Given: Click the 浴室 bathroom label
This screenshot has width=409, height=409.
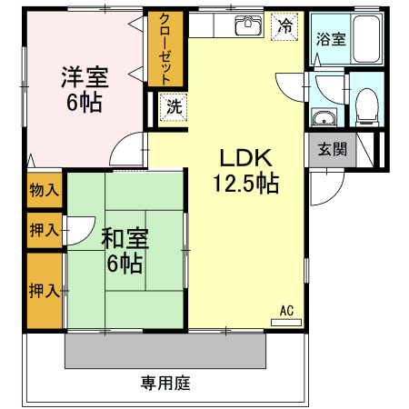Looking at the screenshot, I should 330,39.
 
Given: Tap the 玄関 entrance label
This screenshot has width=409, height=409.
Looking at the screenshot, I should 332,149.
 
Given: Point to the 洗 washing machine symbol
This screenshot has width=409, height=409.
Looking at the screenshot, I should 173,105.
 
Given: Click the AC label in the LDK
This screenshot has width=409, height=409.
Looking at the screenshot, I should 286,310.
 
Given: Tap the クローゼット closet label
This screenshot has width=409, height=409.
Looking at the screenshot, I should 167,49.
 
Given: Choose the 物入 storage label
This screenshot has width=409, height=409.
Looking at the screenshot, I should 44,190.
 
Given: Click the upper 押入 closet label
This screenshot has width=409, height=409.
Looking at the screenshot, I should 44,230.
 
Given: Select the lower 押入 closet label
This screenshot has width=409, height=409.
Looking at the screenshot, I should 44,290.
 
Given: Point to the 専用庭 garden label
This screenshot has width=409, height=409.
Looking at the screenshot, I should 165,383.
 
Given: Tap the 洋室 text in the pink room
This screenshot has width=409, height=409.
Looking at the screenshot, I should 83,75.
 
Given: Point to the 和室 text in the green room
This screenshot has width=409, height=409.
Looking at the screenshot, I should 124,239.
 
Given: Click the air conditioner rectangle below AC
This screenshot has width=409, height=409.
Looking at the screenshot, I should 286,322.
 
